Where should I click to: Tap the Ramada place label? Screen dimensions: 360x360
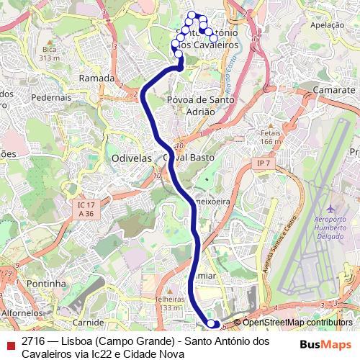click(96, 78)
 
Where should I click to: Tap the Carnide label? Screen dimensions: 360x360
click(88, 322)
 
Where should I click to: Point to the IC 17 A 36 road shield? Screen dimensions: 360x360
click(86, 210)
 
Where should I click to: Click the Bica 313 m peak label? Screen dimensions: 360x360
click(49, 53)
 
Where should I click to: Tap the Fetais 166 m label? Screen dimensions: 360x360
click(271, 137)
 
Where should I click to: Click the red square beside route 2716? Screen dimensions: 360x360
click(9, 345)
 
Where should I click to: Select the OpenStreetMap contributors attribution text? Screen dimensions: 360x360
click(297, 323)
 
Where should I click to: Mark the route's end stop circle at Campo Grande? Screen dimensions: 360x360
click(211, 324)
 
